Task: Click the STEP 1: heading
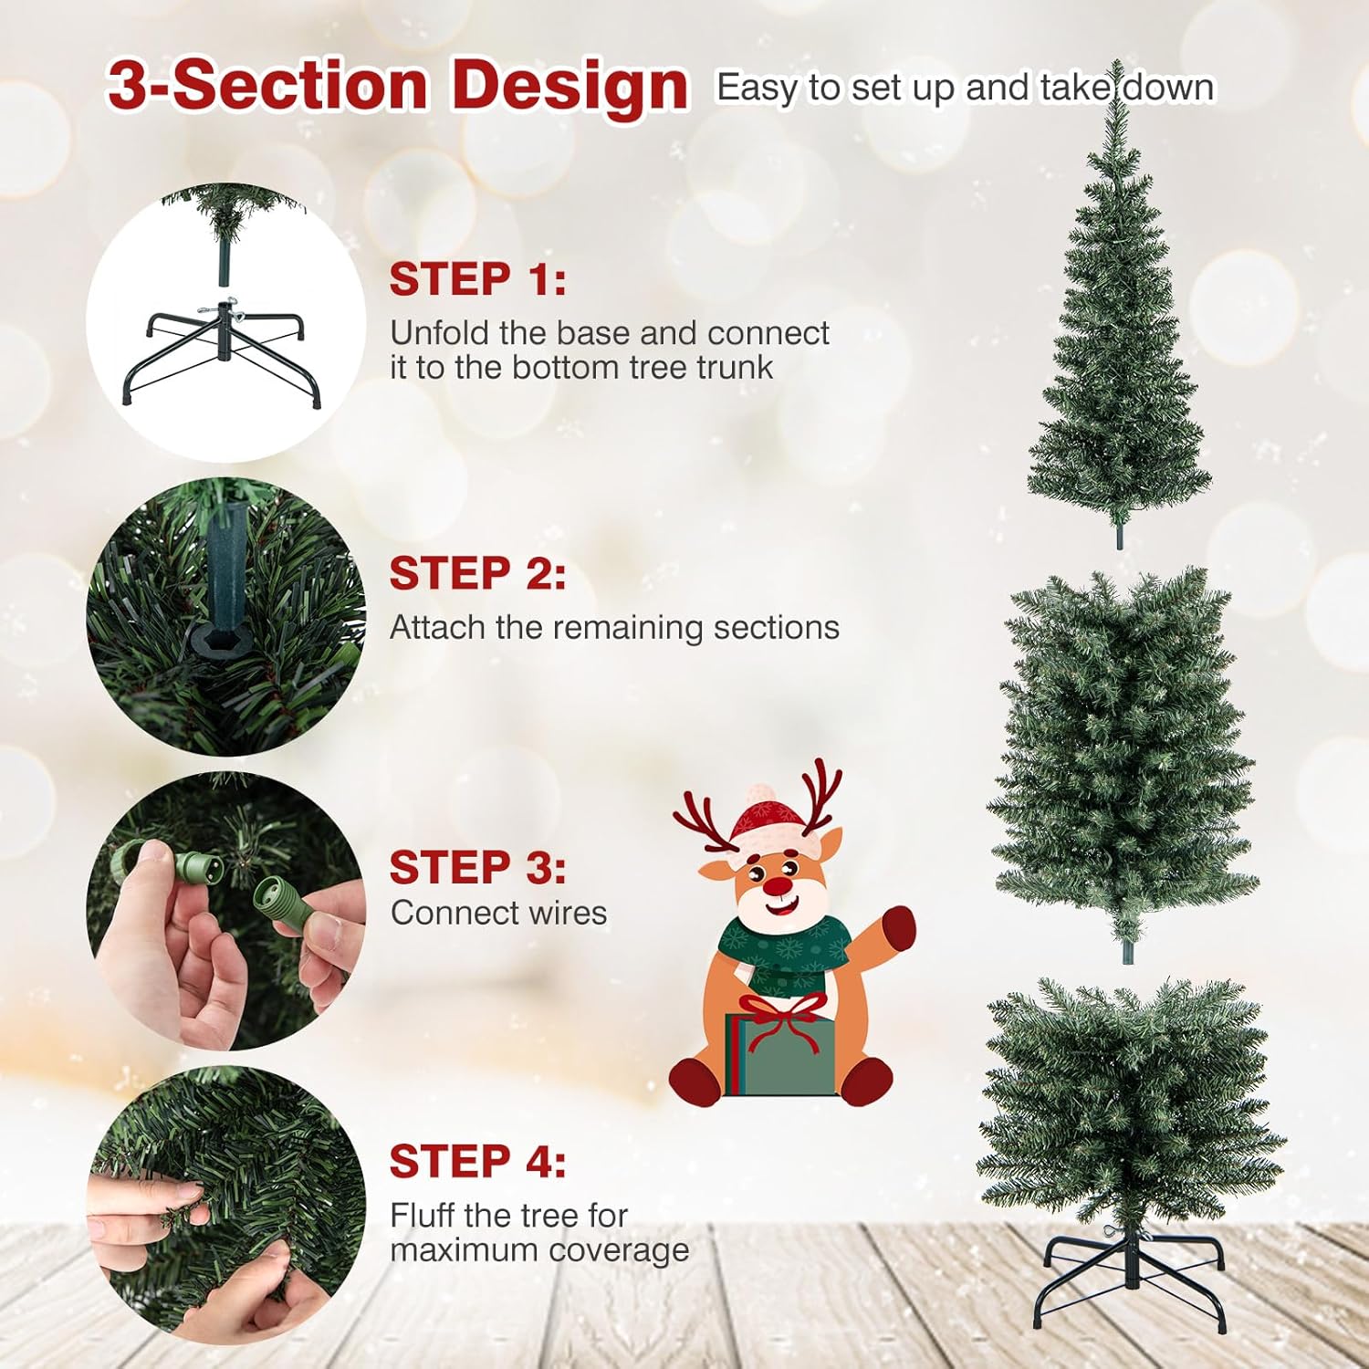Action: tap(477, 279)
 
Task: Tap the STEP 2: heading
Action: tap(477, 574)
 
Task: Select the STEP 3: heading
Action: tap(477, 868)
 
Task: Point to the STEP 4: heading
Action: tap(477, 1162)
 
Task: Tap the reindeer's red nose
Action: tap(777, 884)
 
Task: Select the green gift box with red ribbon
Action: tap(780, 1050)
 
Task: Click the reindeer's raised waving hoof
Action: tap(897, 927)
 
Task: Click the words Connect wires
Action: tap(498, 913)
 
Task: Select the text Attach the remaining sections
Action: tap(614, 628)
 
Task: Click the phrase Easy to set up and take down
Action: tap(966, 88)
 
